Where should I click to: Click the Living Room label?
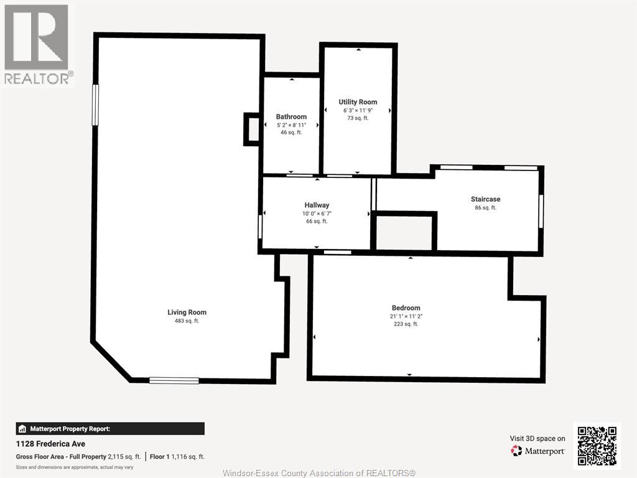[x=187, y=312]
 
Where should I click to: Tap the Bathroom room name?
[x=291, y=116]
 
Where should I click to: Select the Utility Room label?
[x=358, y=102]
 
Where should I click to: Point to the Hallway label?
[x=317, y=205]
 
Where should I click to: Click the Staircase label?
[x=485, y=199]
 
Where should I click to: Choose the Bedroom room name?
[x=406, y=308]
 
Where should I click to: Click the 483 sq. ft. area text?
[x=187, y=321]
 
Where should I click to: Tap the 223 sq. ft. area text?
[x=406, y=324]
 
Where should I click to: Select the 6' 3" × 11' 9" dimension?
[x=358, y=110]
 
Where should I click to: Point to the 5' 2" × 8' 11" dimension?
[x=291, y=125]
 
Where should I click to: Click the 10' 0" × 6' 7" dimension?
[x=317, y=213]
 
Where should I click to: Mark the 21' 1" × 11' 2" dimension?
[x=406, y=316]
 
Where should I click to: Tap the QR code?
[x=597, y=446]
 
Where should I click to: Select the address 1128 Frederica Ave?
[x=50, y=444]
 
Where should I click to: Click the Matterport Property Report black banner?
[x=110, y=429]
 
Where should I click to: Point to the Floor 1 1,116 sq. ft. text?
[x=177, y=456]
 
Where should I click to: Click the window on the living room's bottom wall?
[x=174, y=380]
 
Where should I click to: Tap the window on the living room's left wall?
[x=95, y=105]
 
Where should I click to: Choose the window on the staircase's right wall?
[x=541, y=212]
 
